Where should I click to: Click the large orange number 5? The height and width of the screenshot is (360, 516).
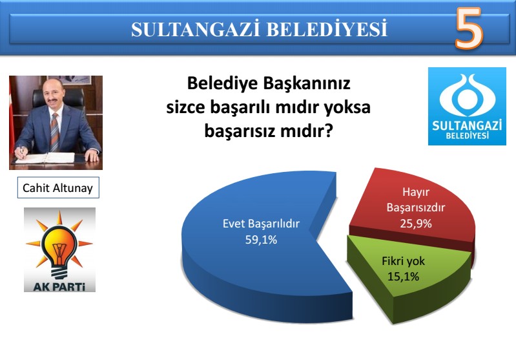click(x=470, y=28)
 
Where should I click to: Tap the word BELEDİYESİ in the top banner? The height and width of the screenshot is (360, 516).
click(x=327, y=29)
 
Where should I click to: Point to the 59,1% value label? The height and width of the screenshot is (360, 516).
click(x=261, y=240)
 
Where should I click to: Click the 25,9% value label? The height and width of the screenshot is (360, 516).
click(x=416, y=224)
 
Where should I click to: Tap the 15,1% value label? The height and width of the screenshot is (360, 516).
click(x=403, y=277)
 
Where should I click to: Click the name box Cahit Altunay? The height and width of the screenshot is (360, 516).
click(x=58, y=187)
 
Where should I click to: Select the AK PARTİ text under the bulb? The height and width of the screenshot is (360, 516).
click(x=59, y=286)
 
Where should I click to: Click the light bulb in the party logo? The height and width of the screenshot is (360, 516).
click(x=59, y=250)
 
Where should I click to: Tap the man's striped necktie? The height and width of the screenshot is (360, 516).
click(x=55, y=132)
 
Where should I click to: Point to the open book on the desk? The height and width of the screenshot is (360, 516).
click(x=46, y=158)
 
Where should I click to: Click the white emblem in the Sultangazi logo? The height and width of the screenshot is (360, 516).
click(x=468, y=95)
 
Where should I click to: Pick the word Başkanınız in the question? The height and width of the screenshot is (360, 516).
click(x=306, y=83)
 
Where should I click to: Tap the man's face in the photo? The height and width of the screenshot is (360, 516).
click(x=53, y=93)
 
